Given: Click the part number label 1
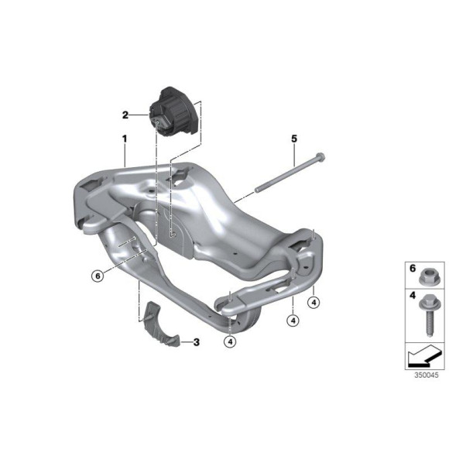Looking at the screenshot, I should pos(122,139).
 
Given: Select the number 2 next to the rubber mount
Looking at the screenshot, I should pos(125,115).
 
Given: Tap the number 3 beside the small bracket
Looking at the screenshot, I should pos(196,341).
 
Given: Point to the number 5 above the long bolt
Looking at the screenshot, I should pos(293,139).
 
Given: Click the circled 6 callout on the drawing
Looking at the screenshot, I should pos(97,275).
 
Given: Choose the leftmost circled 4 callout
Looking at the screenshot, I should pos(230,341).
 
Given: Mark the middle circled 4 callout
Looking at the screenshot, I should pos(293,319).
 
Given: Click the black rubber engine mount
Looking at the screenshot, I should pos(174,111).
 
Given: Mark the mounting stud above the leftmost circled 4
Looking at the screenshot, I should pos(230,304).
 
